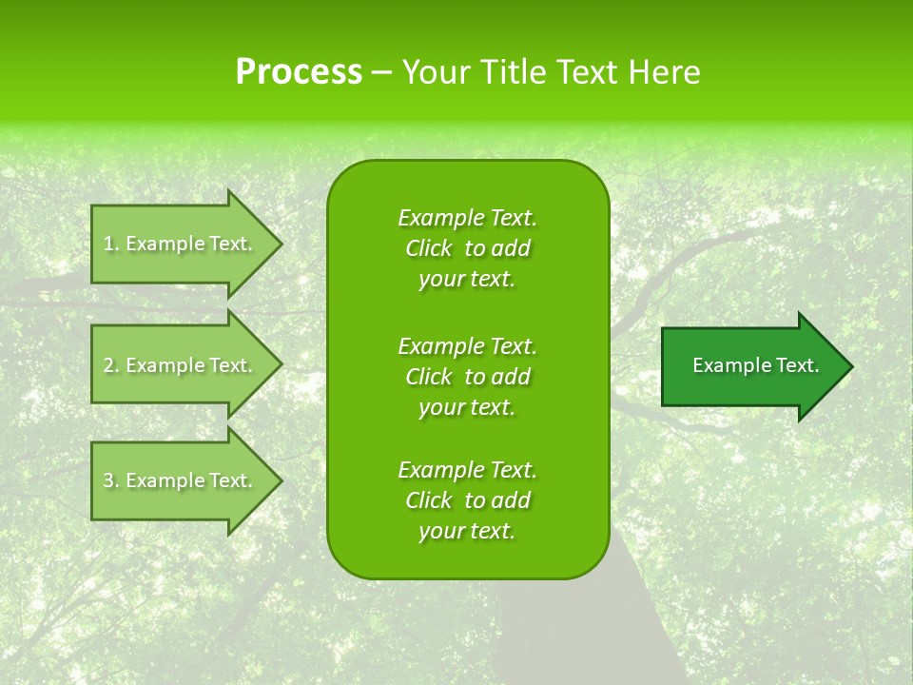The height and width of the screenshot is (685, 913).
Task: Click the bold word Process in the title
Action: point(299,72)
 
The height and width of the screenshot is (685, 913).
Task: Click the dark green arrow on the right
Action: point(751,366)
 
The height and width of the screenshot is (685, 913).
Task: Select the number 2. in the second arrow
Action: point(111,365)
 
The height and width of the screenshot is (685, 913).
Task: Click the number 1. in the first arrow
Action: point(111,244)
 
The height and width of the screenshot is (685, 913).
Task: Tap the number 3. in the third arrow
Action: point(111,480)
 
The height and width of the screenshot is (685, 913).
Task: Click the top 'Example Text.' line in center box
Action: point(467,218)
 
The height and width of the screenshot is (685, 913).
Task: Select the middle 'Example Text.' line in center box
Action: point(467,345)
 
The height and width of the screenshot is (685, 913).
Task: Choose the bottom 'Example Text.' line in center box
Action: point(467,470)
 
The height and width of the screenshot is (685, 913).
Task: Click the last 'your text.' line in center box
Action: point(467,531)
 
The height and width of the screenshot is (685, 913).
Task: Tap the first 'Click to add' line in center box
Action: point(467,248)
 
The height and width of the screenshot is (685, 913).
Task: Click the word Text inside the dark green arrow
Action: point(797,365)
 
